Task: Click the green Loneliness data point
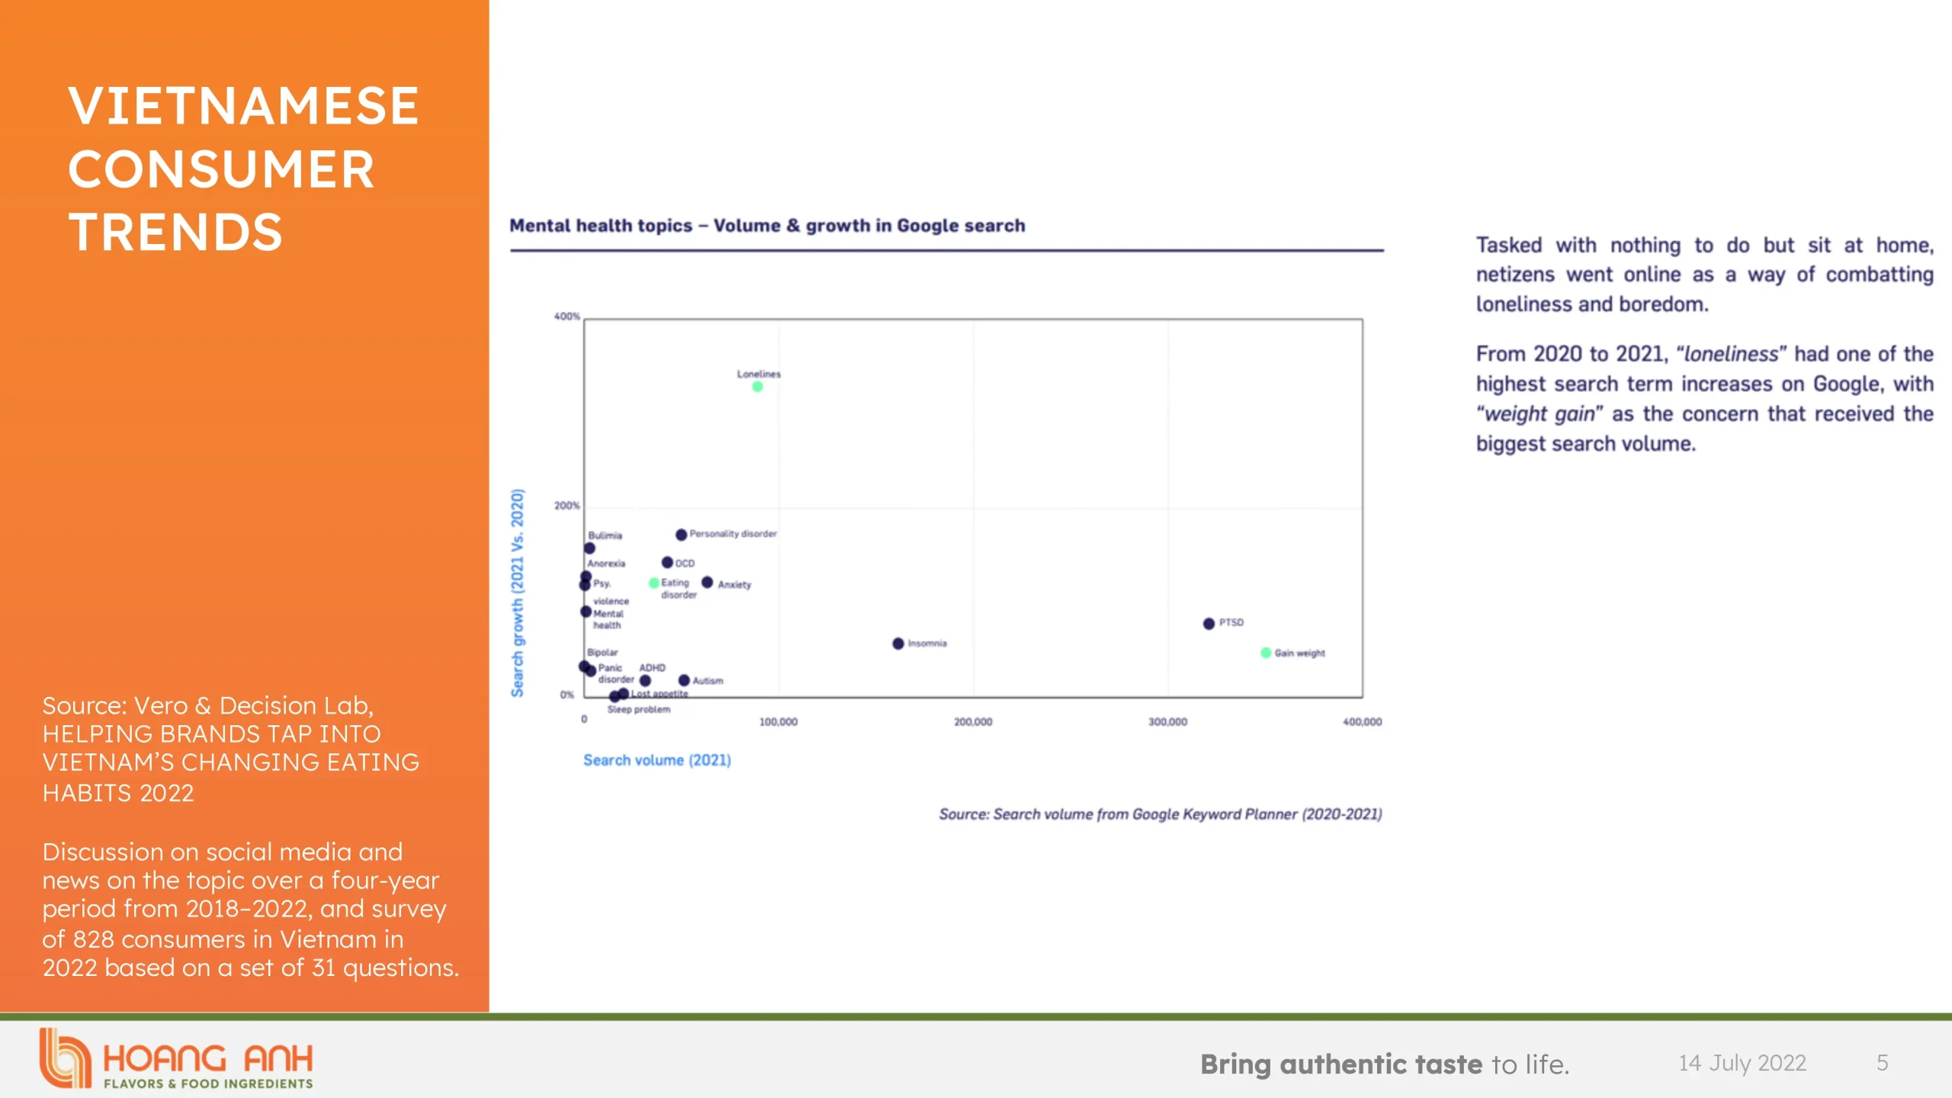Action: coord(757,387)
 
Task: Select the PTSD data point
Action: coord(1209,624)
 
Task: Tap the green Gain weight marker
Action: coord(1266,653)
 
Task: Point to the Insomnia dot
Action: coord(898,644)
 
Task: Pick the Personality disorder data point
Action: coord(681,535)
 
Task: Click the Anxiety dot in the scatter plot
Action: coord(707,583)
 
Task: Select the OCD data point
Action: coord(667,562)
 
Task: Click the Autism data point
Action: coord(684,680)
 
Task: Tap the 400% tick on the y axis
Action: coord(567,316)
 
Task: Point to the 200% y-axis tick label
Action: coord(567,506)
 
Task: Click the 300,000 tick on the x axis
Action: coord(1167,721)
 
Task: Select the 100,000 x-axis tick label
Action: coord(778,721)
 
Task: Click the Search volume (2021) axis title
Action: coord(657,760)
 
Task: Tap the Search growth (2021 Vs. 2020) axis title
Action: coord(518,592)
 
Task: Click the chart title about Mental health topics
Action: coord(767,226)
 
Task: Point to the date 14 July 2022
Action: coord(1742,1063)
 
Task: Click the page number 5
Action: coord(1882,1063)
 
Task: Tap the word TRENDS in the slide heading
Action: coord(175,232)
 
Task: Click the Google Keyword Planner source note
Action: coord(1160,814)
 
